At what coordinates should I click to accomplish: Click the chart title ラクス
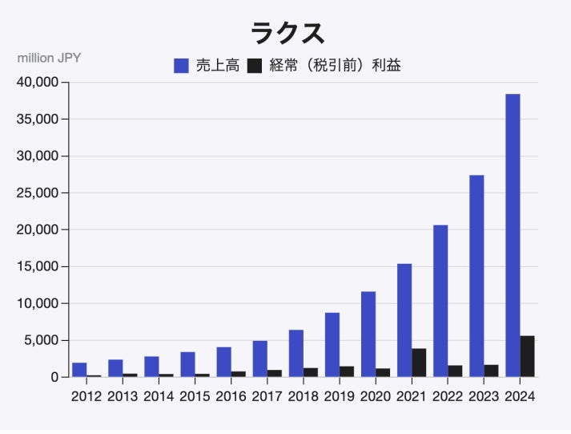point(287,34)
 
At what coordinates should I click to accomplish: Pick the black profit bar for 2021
point(419,363)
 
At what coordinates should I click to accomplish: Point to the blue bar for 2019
point(332,345)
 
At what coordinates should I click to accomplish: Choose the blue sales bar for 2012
point(79,370)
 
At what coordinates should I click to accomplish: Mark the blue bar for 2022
point(440,301)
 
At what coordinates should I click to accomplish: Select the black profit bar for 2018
point(310,372)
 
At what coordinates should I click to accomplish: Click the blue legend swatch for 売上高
point(181,66)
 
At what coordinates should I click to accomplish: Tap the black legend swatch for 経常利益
point(255,66)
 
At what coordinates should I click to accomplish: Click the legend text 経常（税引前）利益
point(336,66)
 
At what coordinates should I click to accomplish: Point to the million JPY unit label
point(49,58)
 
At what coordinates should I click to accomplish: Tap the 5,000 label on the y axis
point(41,340)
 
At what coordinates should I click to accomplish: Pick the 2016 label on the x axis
point(231,395)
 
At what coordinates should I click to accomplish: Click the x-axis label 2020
point(376,395)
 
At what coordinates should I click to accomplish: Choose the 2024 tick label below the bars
point(520,395)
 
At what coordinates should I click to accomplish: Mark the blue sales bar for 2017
point(259,359)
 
